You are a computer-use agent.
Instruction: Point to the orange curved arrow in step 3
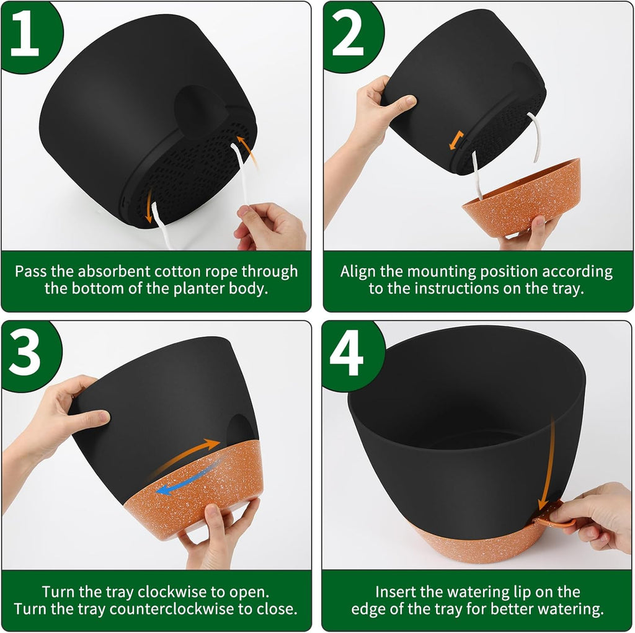(x=186, y=456)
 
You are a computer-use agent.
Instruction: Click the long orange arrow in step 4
(x=548, y=465)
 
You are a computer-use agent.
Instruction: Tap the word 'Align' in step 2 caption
(x=358, y=272)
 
